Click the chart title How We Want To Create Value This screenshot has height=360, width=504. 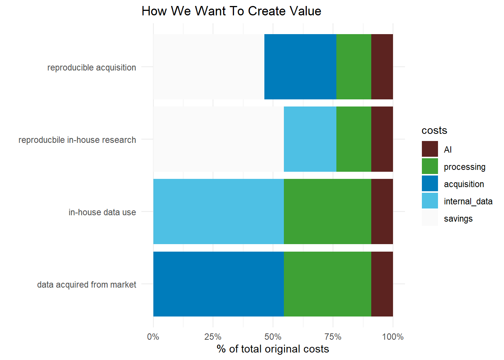[x=231, y=11]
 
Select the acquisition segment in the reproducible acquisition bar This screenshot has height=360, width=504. [x=300, y=67]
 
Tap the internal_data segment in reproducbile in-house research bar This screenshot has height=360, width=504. [x=310, y=139]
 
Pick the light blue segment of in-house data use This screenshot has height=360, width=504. [x=218, y=211]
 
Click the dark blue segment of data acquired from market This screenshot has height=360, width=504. [x=218, y=284]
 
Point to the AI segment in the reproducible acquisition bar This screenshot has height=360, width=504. [x=382, y=67]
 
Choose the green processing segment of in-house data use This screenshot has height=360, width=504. [x=327, y=211]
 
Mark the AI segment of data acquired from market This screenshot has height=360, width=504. [x=382, y=284]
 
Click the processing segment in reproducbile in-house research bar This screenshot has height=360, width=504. [x=354, y=139]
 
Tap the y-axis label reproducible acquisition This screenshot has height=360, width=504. [x=91, y=67]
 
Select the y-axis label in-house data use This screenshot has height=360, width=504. [x=102, y=212]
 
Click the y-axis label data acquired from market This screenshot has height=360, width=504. [x=87, y=285]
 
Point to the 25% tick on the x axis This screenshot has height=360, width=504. [x=213, y=337]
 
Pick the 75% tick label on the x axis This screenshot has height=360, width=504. [x=333, y=337]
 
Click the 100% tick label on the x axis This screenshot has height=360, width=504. [x=393, y=337]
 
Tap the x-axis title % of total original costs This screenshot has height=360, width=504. [x=273, y=349]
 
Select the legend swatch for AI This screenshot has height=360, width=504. [x=430, y=149]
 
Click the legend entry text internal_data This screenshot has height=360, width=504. [x=468, y=201]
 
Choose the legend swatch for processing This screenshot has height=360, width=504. [x=430, y=166]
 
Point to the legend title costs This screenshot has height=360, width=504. [x=434, y=130]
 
